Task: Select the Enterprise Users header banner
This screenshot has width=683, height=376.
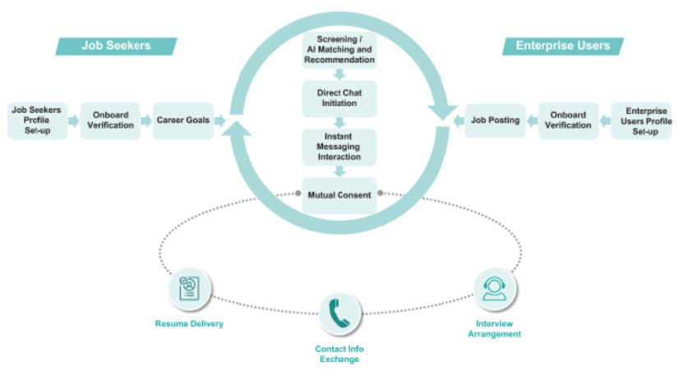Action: pyautogui.click(x=562, y=46)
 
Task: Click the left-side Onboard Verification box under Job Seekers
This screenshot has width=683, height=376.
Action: pyautogui.click(x=110, y=121)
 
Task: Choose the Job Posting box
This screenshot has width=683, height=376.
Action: pyautogui.click(x=495, y=121)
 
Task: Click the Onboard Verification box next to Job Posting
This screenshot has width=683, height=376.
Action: pyautogui.click(x=569, y=121)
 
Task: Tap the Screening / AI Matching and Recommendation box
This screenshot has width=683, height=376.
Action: pyautogui.click(x=339, y=50)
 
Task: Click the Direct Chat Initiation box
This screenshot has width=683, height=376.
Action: pyautogui.click(x=339, y=98)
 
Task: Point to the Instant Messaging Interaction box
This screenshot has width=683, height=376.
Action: pyautogui.click(x=339, y=146)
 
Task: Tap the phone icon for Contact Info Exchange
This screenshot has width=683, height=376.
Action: pyautogui.click(x=339, y=313)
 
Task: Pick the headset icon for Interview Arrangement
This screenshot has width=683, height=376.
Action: pyautogui.click(x=494, y=287)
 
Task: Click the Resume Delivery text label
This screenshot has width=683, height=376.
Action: pyautogui.click(x=189, y=323)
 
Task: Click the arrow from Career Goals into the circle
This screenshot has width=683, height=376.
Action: pyautogui.click(x=220, y=121)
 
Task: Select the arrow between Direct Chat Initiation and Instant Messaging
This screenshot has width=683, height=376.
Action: pyautogui.click(x=339, y=122)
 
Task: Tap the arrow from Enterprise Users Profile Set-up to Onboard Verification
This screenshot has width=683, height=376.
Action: pyautogui.click(x=605, y=121)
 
